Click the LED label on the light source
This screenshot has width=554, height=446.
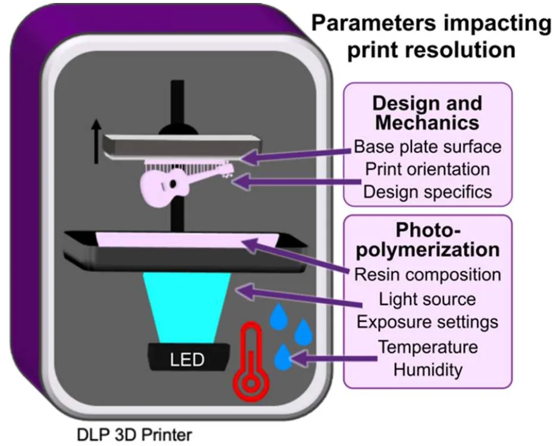pyautogui.click(x=187, y=359)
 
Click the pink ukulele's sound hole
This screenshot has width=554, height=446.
pyautogui.click(x=174, y=183)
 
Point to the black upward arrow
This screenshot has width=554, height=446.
pyautogui.click(x=96, y=142)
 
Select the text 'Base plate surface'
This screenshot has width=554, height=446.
pyautogui.click(x=427, y=147)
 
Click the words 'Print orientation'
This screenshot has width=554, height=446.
pyautogui.click(x=427, y=169)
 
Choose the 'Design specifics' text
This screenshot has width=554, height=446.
pyautogui.click(x=427, y=192)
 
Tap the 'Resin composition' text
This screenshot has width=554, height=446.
pyautogui.click(x=427, y=275)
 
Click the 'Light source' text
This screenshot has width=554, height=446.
pyautogui.click(x=427, y=299)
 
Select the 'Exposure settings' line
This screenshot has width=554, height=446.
pyautogui.click(x=427, y=322)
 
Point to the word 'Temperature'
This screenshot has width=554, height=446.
pyautogui.click(x=428, y=347)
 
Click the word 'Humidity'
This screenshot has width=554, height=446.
pyautogui.click(x=428, y=370)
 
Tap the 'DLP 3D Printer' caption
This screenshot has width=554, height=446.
pyautogui.click(x=134, y=435)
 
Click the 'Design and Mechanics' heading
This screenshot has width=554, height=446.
pyautogui.click(x=427, y=113)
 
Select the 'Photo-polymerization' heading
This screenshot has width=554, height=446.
pyautogui.click(x=427, y=240)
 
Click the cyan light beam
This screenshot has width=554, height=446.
pyautogui.click(x=187, y=307)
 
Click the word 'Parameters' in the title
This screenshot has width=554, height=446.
pyautogui.click(x=374, y=23)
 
